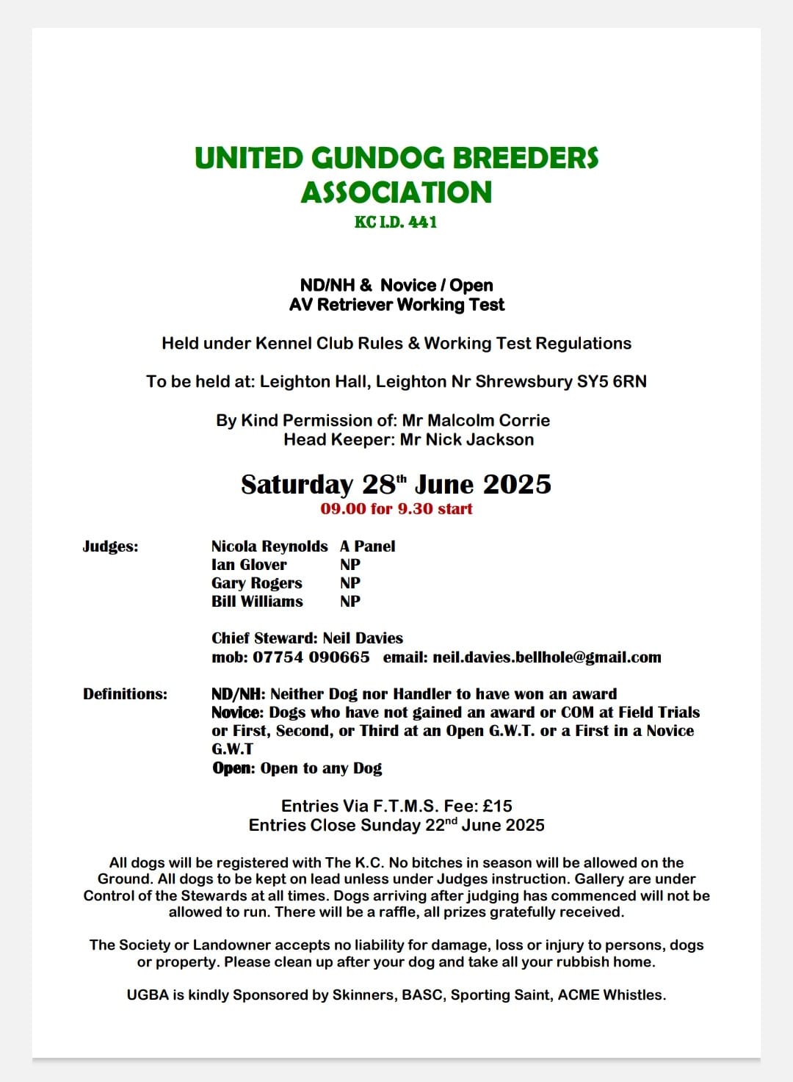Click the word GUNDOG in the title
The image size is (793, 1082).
click(x=377, y=158)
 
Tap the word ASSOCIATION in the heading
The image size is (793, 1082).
click(x=396, y=192)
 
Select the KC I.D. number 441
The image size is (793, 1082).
click(x=422, y=222)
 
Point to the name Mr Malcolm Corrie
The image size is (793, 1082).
click(x=476, y=420)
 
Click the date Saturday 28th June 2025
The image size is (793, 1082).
click(x=396, y=484)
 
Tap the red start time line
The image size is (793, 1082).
click(x=396, y=508)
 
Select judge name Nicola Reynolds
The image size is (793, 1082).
click(x=269, y=546)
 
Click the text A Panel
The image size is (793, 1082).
click(x=367, y=546)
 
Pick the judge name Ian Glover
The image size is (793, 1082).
click(x=249, y=564)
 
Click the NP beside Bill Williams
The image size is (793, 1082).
click(x=350, y=601)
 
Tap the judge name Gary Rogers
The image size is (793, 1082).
click(x=257, y=583)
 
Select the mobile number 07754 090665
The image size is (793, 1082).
click(x=311, y=657)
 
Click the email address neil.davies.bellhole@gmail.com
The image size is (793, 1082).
click(x=547, y=657)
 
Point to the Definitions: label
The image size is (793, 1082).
click(x=125, y=693)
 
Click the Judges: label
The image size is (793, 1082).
click(x=110, y=546)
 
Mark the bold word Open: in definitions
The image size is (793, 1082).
click(x=233, y=768)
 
